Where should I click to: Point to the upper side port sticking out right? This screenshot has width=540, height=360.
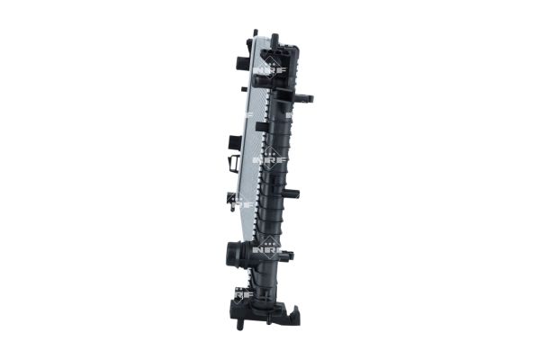pyautogui.click(x=304, y=97)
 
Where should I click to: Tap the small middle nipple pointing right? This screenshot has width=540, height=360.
pyautogui.click(x=292, y=193)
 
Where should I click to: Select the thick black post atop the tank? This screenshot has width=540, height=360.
pyautogui.click(x=274, y=41)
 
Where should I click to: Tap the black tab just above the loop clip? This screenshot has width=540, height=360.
pyautogui.click(x=235, y=142)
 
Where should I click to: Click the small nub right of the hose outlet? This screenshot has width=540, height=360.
pyautogui.click(x=290, y=256)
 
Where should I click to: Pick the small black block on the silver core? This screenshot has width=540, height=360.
pyautogui.click(x=260, y=127)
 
